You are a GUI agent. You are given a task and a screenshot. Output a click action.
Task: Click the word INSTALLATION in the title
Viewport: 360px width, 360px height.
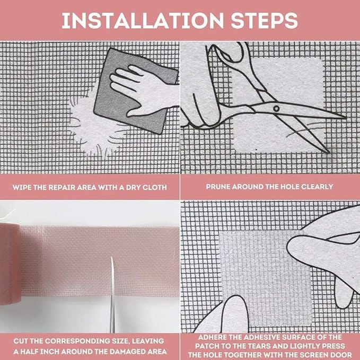[x=143, y=21]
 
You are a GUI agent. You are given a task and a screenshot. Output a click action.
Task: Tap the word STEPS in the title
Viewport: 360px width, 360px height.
[x=264, y=21]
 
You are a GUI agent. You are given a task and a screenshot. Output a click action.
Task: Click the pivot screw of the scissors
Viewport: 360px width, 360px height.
[x=276, y=109]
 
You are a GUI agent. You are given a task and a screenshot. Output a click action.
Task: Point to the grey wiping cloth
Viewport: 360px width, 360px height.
[x=135, y=92]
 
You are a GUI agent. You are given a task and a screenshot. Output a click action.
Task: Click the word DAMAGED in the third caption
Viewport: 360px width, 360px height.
[x=128, y=352]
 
